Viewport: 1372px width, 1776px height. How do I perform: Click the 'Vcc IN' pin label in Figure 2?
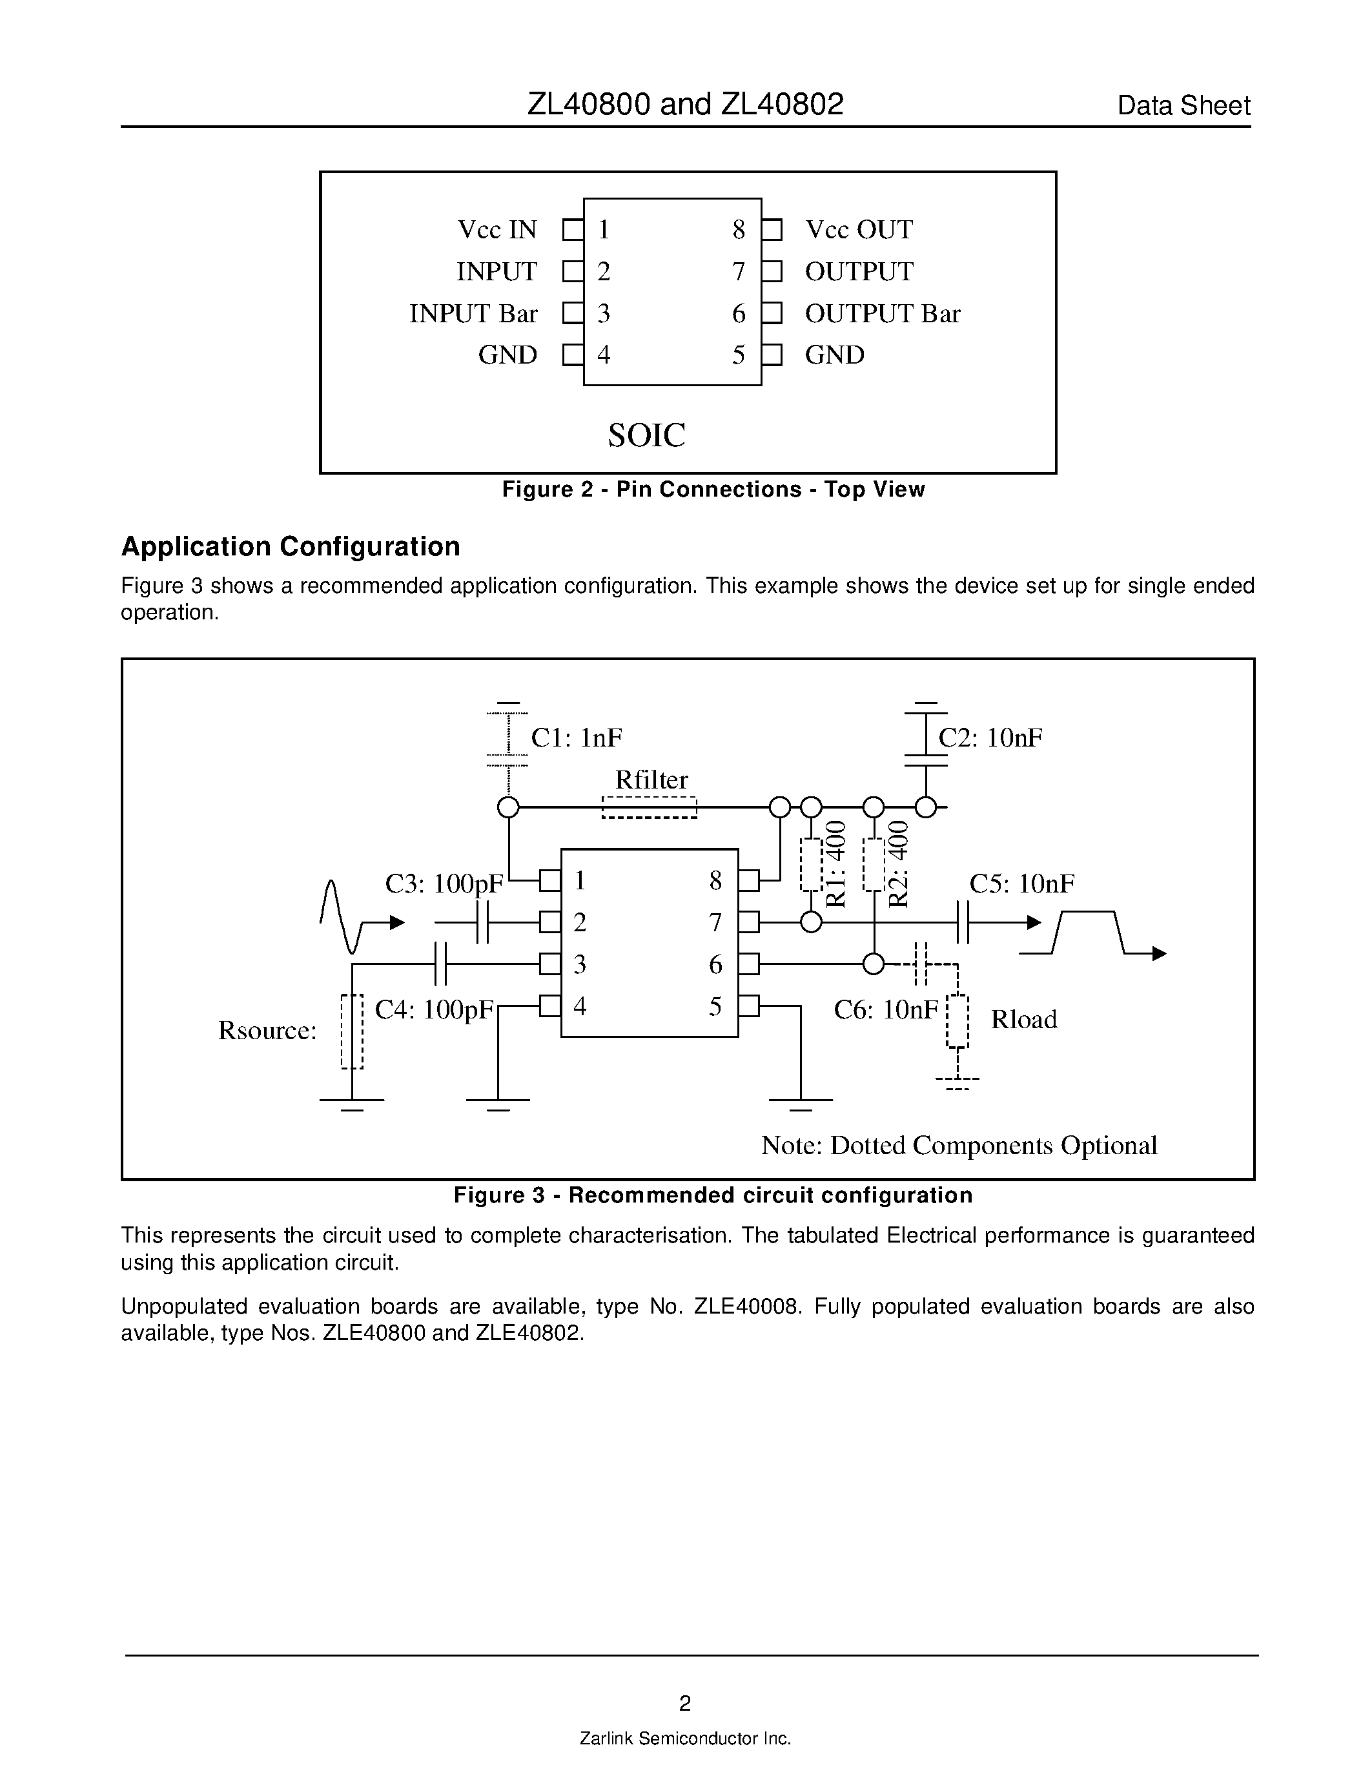click(x=497, y=229)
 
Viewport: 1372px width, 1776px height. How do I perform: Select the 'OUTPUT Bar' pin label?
click(x=883, y=313)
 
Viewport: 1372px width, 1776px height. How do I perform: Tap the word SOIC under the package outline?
click(x=647, y=435)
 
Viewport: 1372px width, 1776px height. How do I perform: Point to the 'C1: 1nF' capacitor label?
click(x=577, y=738)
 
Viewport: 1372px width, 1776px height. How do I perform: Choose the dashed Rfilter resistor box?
click(x=650, y=807)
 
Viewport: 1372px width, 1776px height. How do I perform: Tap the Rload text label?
click(x=1023, y=1019)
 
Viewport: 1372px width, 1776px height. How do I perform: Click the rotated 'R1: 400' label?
click(x=835, y=863)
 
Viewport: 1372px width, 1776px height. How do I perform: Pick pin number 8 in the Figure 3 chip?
click(x=715, y=881)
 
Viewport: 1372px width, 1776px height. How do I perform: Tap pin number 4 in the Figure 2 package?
click(x=603, y=355)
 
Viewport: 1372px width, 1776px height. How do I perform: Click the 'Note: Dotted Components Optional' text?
click(x=959, y=1145)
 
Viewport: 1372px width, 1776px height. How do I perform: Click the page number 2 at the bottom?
click(x=685, y=1703)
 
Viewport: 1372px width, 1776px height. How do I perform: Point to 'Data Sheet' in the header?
click(x=1183, y=106)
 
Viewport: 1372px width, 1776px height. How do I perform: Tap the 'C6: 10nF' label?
click(x=886, y=1009)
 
